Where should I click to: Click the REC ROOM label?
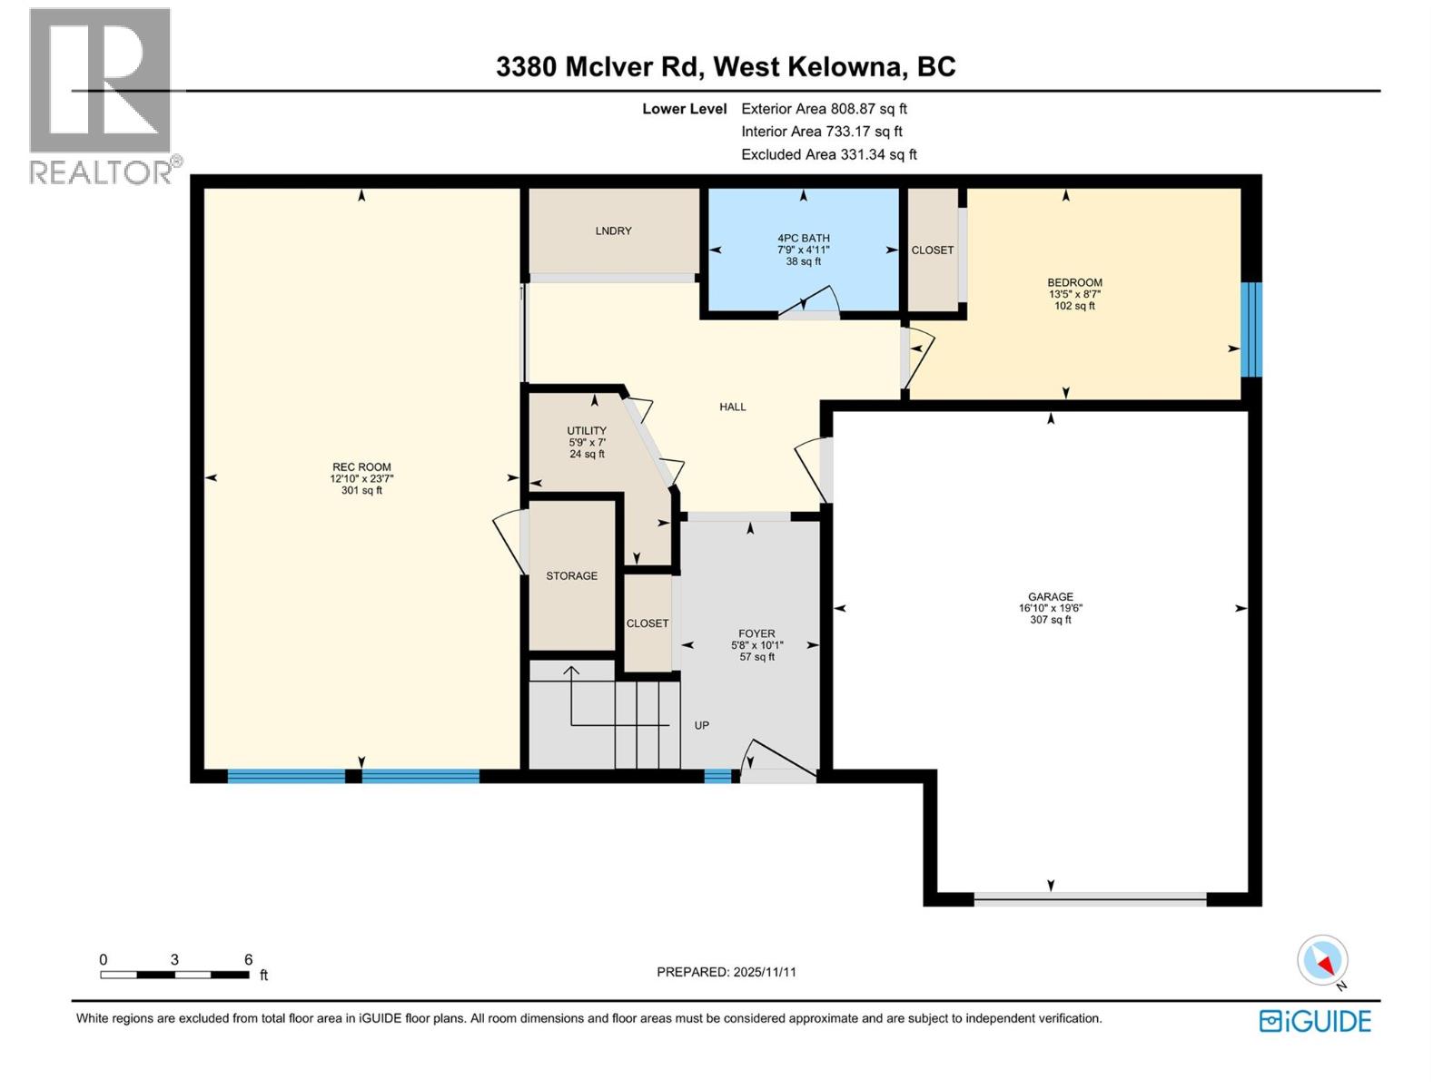click(x=361, y=466)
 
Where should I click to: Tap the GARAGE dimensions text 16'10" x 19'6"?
click(x=1051, y=609)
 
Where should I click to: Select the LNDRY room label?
click(x=613, y=231)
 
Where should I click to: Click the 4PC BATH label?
click(x=803, y=239)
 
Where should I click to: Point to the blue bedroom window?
click(x=1250, y=329)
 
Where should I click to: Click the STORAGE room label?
click(x=571, y=575)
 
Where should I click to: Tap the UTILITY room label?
click(x=587, y=430)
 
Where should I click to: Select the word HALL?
click(x=732, y=407)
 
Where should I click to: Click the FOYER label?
click(x=756, y=633)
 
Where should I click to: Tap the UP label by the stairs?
click(x=701, y=725)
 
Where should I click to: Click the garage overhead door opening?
click(x=1090, y=899)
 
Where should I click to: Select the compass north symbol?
click(x=1323, y=961)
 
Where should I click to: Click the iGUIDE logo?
click(x=1315, y=1021)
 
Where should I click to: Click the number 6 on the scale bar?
click(x=248, y=959)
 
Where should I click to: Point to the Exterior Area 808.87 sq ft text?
click(x=824, y=109)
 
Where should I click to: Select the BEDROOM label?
click(x=1074, y=282)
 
